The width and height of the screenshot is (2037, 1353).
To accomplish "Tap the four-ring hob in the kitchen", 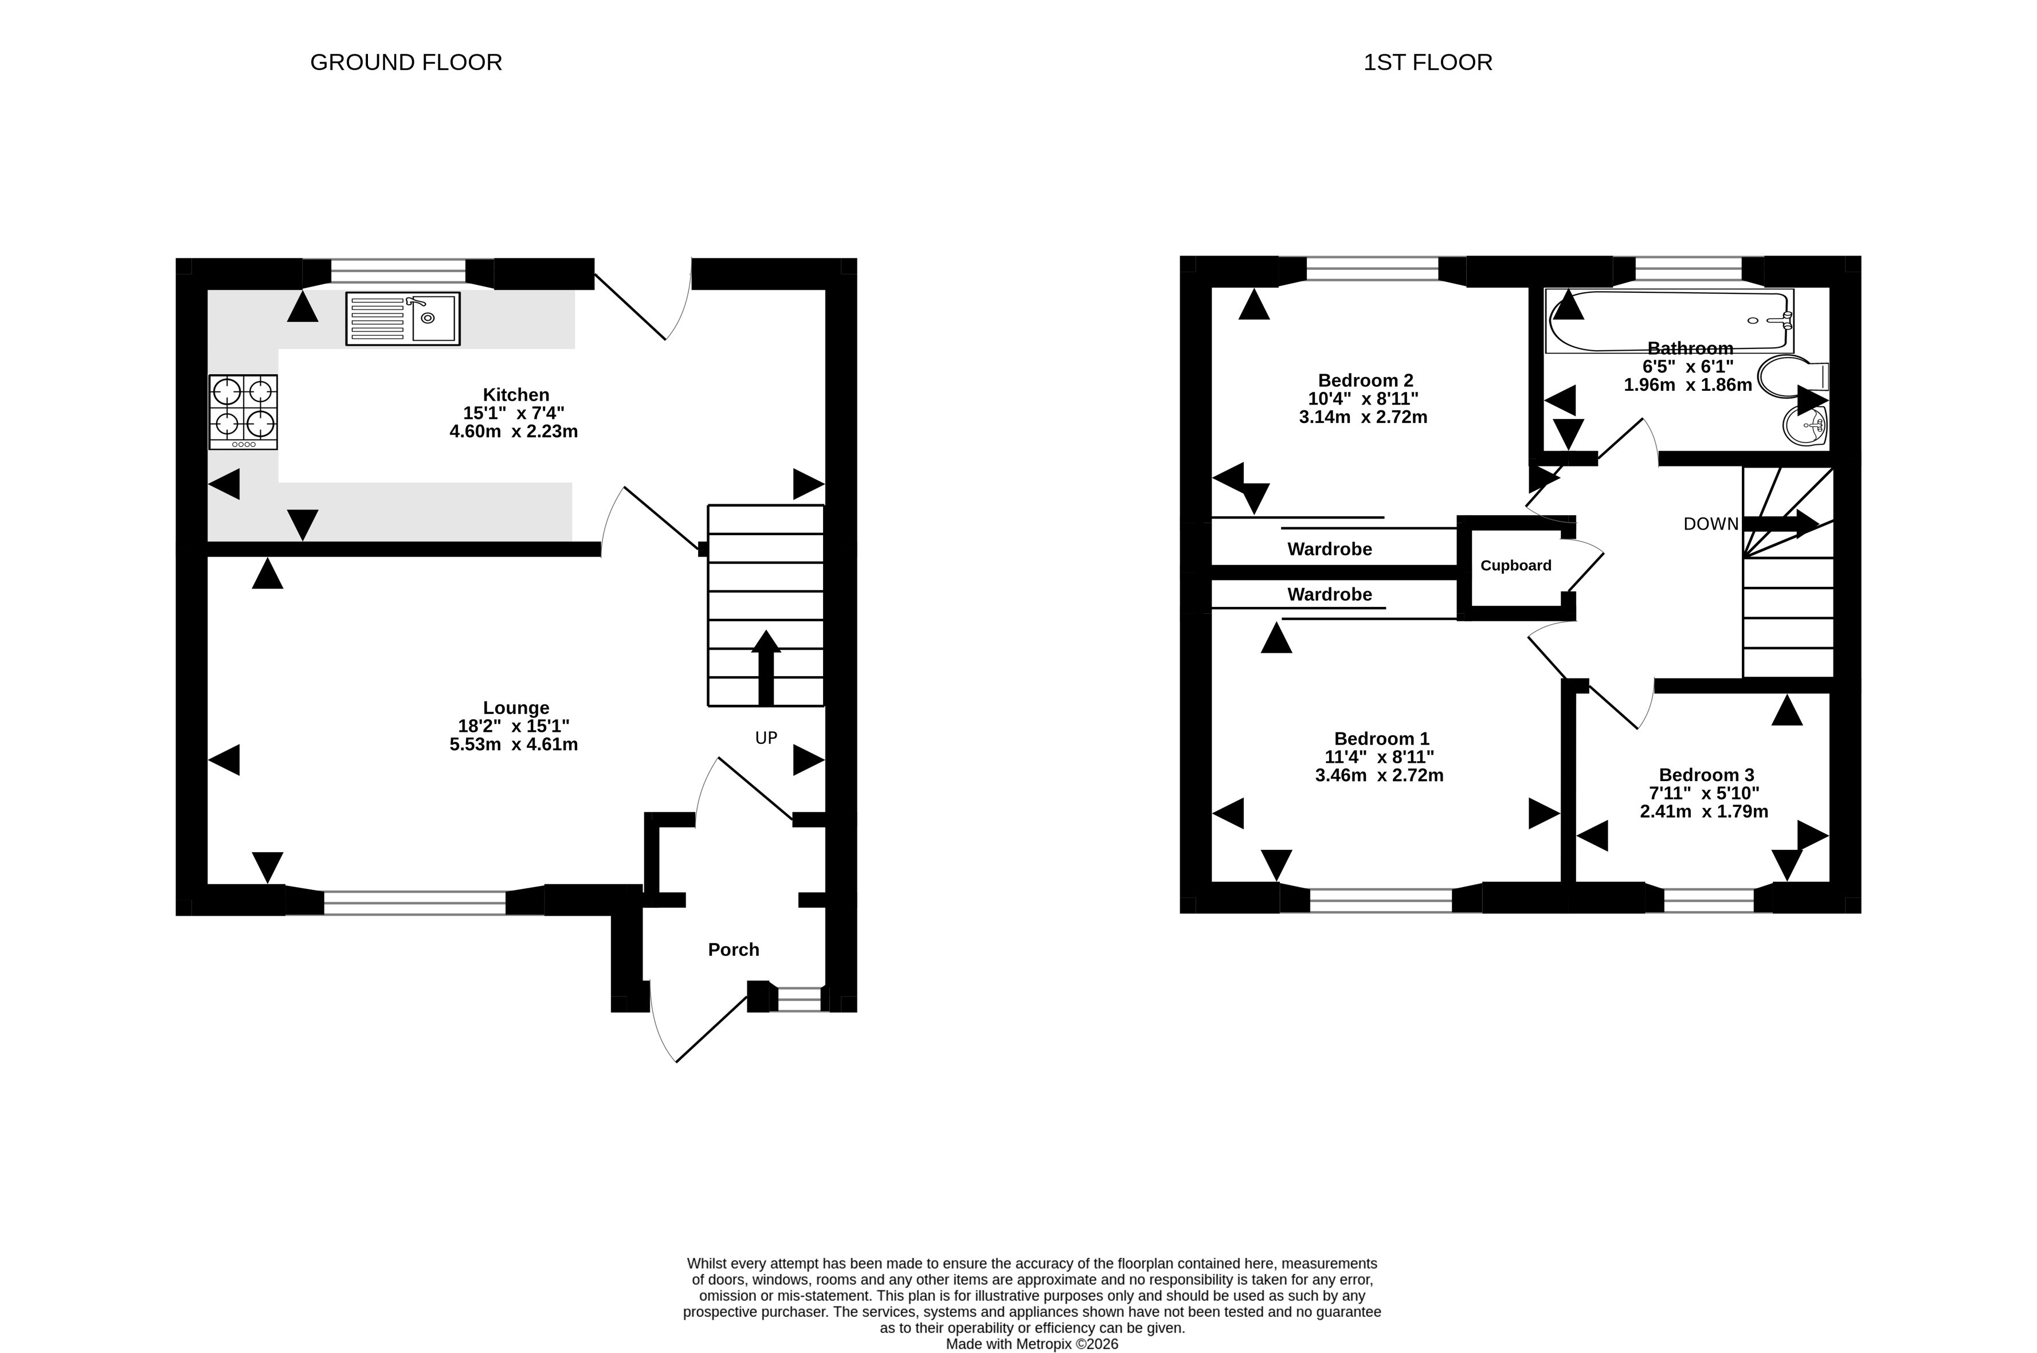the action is pos(243,411).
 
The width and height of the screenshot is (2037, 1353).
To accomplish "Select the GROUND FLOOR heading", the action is pos(405,62).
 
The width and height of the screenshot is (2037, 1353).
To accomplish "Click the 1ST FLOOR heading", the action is pos(1427,62).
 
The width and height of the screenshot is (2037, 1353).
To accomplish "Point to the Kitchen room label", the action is pos(516,394).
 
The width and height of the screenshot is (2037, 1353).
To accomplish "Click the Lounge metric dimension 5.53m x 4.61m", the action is pos(514,744).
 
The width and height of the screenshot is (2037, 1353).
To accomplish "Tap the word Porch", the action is pos(734,949).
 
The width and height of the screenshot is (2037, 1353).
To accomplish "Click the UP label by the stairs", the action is pos(766,738).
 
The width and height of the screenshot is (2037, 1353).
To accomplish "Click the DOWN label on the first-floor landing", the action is pos(1711,524).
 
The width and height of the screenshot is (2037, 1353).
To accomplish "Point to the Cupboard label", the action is pos(1516,565).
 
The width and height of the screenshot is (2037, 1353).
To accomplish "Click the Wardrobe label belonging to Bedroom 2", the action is pos(1330,549).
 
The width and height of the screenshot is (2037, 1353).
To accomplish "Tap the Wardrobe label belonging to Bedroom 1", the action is pos(1330,594).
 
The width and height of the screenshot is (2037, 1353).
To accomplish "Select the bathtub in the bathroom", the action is pos(1670,321).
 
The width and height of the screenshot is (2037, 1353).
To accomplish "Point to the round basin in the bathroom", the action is pos(1805,425).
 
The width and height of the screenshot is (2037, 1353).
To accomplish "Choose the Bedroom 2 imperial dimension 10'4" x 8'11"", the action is pos(1363,399).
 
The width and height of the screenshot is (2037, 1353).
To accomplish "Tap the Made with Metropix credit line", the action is pos(1032,1343).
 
